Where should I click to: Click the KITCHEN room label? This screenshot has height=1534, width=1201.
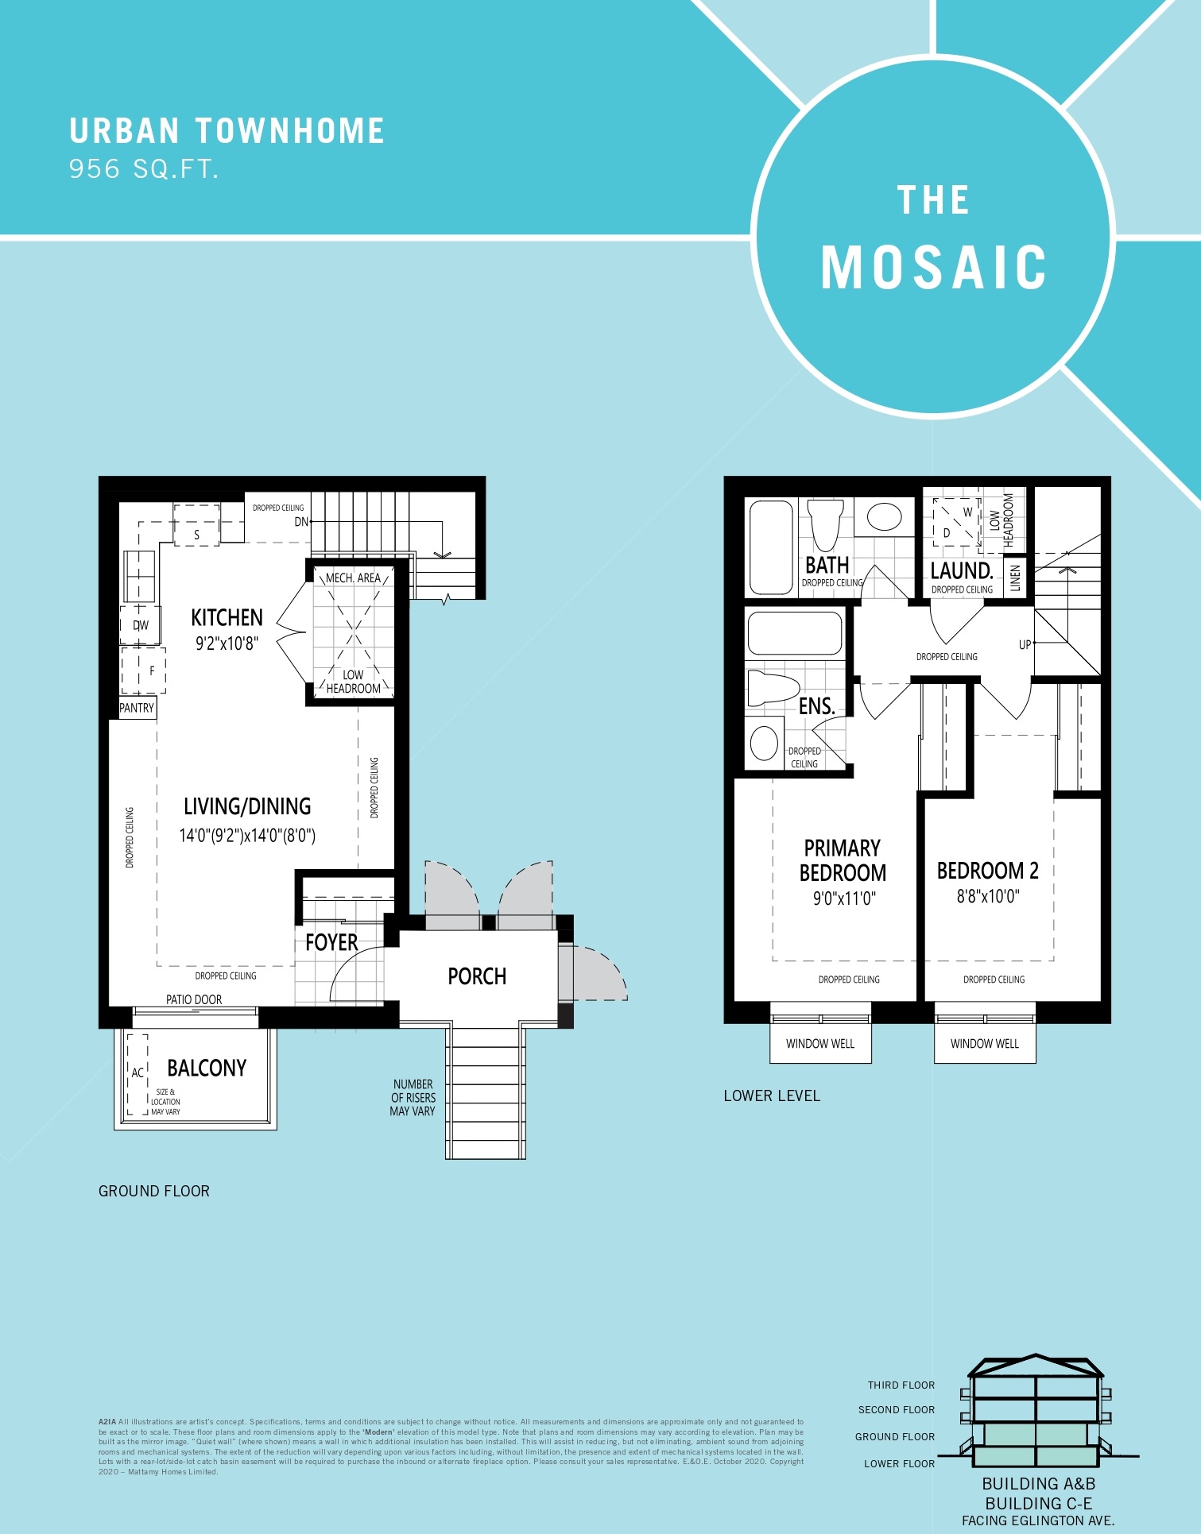click(x=227, y=618)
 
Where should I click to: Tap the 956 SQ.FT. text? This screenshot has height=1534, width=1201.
click(x=143, y=169)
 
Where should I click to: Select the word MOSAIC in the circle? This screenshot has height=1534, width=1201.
click(x=934, y=268)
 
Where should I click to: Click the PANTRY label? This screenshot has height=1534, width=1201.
click(x=137, y=708)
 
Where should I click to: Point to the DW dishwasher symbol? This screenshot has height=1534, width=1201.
click(x=141, y=625)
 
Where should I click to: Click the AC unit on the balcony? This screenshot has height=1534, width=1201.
click(x=138, y=1072)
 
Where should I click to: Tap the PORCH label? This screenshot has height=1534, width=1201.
click(x=477, y=976)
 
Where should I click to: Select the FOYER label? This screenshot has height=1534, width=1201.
click(x=331, y=943)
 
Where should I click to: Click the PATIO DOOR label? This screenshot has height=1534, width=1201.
click(x=194, y=999)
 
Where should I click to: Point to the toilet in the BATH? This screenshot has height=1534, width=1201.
click(x=824, y=523)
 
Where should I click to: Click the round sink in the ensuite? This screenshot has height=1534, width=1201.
click(x=765, y=744)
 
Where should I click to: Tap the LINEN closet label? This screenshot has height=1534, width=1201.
click(x=1015, y=578)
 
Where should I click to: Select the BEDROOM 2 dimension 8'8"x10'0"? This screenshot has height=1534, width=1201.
click(x=987, y=897)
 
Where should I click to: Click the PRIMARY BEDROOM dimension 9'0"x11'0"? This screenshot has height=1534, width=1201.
click(x=843, y=898)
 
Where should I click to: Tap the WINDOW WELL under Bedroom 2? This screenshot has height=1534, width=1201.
click(x=984, y=1043)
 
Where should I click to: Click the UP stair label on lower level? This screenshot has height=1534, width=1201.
click(x=1025, y=645)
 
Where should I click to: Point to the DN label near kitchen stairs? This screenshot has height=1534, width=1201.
click(x=301, y=522)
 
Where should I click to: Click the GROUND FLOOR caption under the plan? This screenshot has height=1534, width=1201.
click(x=154, y=1191)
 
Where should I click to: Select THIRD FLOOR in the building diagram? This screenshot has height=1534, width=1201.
click(x=901, y=1385)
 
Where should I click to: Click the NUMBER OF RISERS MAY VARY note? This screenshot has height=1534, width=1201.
click(x=413, y=1097)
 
